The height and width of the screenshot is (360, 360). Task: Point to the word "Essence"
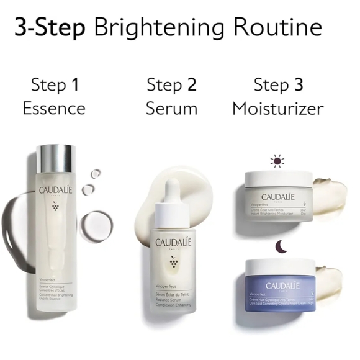[54, 109]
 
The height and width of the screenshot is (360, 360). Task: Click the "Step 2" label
[172, 85]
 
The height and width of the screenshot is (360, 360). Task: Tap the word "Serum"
[172, 109]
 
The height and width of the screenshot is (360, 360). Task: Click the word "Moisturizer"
[277, 109]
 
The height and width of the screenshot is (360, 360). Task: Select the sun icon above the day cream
[276, 162]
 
